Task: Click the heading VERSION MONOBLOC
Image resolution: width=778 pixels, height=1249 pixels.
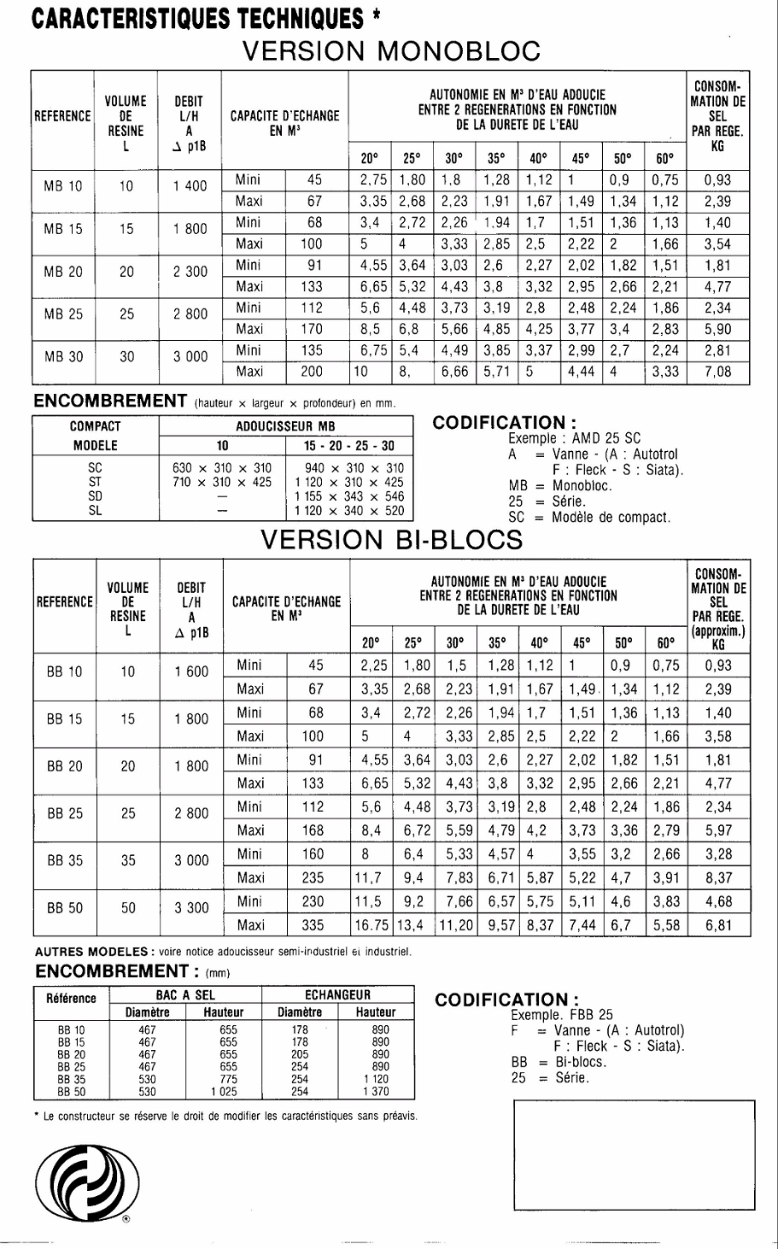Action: click(x=392, y=50)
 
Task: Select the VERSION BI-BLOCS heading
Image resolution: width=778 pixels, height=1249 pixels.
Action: click(x=392, y=539)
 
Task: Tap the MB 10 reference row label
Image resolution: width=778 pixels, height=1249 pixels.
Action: click(x=63, y=186)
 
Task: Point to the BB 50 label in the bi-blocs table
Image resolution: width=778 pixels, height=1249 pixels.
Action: click(x=65, y=909)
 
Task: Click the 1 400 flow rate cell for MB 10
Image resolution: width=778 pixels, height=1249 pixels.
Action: click(x=190, y=186)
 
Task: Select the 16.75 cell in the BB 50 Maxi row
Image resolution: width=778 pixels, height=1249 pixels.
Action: click(x=371, y=924)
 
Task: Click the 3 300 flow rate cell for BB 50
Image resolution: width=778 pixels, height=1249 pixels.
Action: click(x=191, y=908)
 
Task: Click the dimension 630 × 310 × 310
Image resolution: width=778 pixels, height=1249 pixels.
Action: click(x=222, y=468)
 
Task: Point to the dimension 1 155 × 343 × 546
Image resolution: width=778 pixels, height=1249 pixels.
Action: click(x=348, y=496)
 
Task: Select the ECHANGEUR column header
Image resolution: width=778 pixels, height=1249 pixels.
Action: click(x=337, y=995)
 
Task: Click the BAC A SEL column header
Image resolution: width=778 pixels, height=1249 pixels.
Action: click(x=186, y=995)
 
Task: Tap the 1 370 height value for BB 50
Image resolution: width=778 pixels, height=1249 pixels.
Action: click(x=375, y=1091)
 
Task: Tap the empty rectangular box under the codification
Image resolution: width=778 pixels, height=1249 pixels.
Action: click(x=635, y=1155)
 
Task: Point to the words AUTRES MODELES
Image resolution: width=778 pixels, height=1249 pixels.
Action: click(x=91, y=951)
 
